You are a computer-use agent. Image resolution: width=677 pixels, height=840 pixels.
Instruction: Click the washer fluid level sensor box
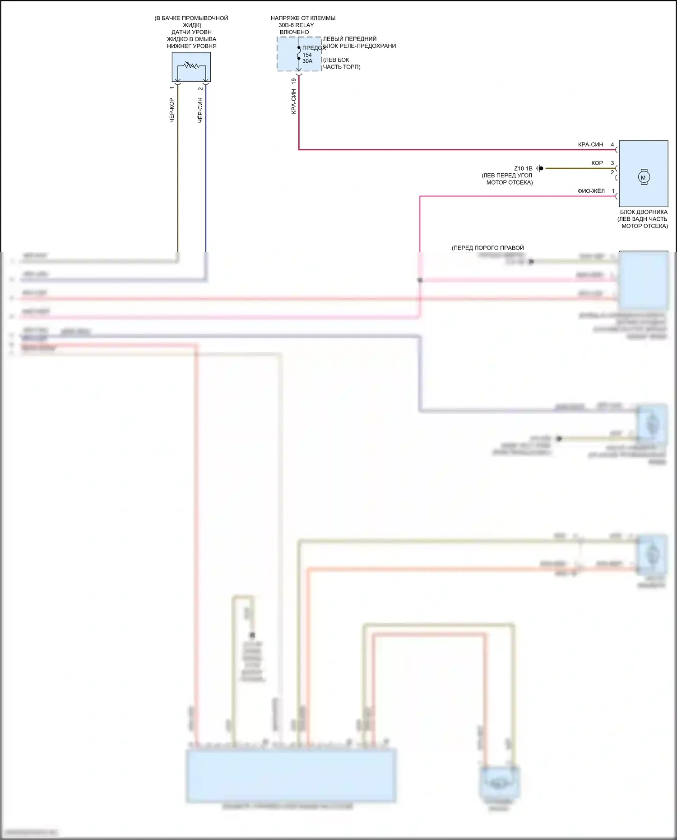coord(191,67)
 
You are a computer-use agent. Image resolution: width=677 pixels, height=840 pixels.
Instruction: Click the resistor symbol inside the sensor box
coord(191,66)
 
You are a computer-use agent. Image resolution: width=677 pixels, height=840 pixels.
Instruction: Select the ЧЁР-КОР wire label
coord(172,110)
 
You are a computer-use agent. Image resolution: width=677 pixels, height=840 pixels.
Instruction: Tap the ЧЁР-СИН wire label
coord(200,110)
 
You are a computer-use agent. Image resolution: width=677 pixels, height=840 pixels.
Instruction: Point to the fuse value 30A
coord(307,61)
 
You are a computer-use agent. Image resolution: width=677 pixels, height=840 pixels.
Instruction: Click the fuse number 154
coord(307,55)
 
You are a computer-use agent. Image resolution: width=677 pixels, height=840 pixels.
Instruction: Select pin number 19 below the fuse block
coord(294,81)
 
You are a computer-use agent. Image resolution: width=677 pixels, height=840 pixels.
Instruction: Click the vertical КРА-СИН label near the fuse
coord(294,102)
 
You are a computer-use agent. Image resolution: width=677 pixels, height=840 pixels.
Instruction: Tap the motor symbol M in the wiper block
coord(644,177)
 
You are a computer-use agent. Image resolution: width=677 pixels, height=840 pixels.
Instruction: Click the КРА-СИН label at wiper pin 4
coord(590,145)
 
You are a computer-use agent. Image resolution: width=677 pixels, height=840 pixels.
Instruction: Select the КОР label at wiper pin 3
coord(597,163)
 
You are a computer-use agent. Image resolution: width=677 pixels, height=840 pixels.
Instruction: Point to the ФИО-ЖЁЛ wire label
coord(591,191)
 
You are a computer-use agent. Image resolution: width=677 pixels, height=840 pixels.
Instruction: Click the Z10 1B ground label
coord(523,168)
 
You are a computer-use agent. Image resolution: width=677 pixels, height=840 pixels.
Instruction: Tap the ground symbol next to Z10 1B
coord(540,168)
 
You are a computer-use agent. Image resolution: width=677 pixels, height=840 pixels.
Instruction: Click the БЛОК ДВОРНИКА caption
coord(644,212)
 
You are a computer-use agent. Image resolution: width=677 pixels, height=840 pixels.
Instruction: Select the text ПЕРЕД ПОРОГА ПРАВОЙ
coord(488,248)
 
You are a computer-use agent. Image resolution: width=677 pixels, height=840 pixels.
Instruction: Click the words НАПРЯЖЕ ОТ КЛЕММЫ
coord(303,19)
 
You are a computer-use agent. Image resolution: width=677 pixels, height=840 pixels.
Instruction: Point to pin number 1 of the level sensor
coord(172,88)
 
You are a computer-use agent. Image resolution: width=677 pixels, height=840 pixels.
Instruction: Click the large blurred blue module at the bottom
coord(292,775)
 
